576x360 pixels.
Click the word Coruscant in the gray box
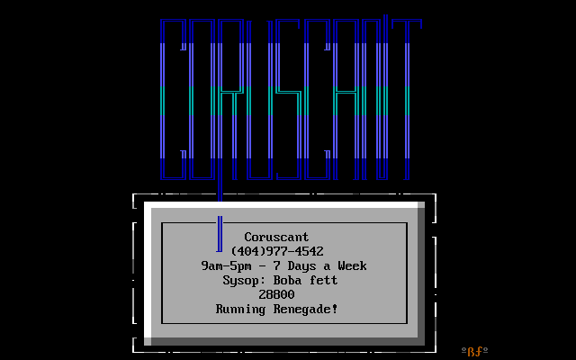276,238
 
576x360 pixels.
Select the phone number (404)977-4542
277,252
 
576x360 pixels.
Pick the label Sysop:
241,281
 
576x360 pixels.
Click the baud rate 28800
276,295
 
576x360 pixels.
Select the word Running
241,310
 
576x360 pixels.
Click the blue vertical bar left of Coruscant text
219,234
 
